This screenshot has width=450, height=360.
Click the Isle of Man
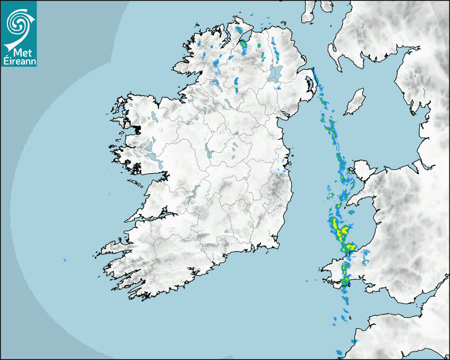pyautogui.click(x=355, y=102)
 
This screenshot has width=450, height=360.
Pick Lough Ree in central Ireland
pyautogui.click(x=208, y=154)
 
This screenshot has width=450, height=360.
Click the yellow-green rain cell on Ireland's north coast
pyautogui.click(x=244, y=47)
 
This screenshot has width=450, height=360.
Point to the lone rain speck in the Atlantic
pyautogui.click(x=65, y=259)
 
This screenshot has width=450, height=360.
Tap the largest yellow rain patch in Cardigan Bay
pyautogui.click(x=343, y=231)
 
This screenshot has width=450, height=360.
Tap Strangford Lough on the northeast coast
pyautogui.click(x=309, y=85)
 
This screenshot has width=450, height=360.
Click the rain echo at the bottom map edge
pyautogui.click(x=339, y=352)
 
